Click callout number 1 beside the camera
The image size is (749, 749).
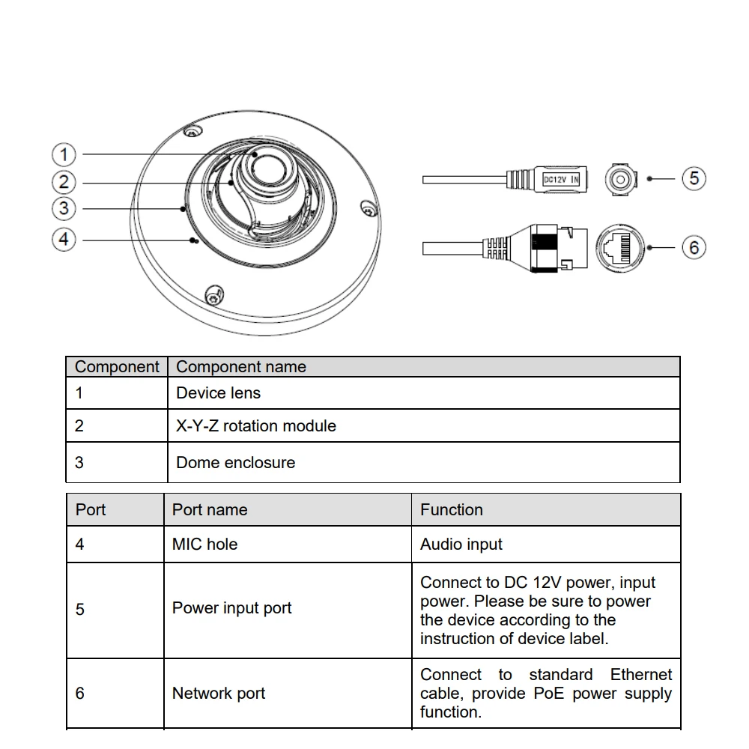coord(64,155)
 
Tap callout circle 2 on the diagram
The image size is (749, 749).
coord(64,182)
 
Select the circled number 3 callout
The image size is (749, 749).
coord(64,209)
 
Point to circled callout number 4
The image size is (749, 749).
coord(64,240)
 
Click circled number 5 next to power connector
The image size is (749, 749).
coord(694,178)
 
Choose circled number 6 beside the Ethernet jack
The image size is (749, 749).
coord(694,247)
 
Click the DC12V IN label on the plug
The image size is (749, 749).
coord(560,179)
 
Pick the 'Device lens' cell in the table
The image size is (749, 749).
coord(218,392)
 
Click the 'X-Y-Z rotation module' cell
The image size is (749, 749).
coord(255,425)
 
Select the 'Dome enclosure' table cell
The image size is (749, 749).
coord(235,462)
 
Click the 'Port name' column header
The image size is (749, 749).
coord(210,509)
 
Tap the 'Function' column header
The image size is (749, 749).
coord(452,509)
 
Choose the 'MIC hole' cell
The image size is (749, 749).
coord(204,545)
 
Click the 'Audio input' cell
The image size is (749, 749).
coord(461,545)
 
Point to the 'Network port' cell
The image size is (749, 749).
coord(219,694)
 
